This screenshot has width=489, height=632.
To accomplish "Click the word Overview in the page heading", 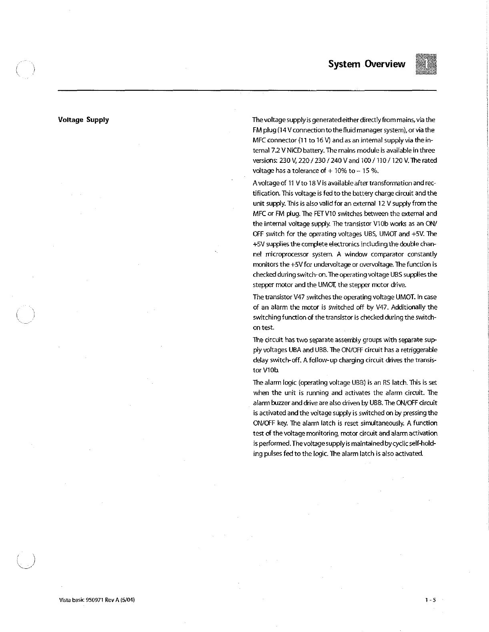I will pyautogui.click(x=385, y=64).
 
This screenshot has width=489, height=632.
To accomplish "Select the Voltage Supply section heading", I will pyautogui.click(x=83, y=120).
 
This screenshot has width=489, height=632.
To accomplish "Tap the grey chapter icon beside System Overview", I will pyautogui.click(x=426, y=64).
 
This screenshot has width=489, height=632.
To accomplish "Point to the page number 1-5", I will pyautogui.click(x=430, y=600).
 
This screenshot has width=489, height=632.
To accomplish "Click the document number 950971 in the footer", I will pyautogui.click(x=95, y=600).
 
